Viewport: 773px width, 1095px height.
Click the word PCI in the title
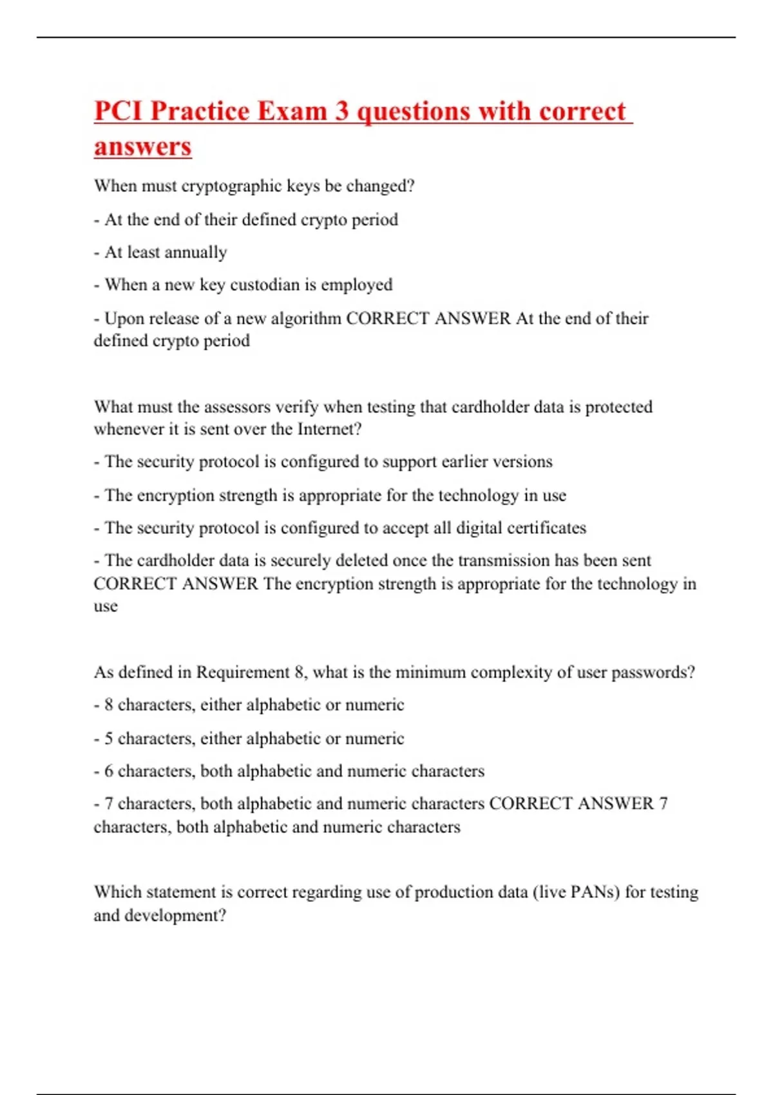click(118, 111)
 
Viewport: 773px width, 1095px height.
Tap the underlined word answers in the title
click(142, 146)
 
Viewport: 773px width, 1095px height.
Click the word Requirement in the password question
click(242, 672)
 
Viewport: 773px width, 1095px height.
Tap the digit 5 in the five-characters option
click(109, 738)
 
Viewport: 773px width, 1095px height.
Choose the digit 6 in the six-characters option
click(109, 771)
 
